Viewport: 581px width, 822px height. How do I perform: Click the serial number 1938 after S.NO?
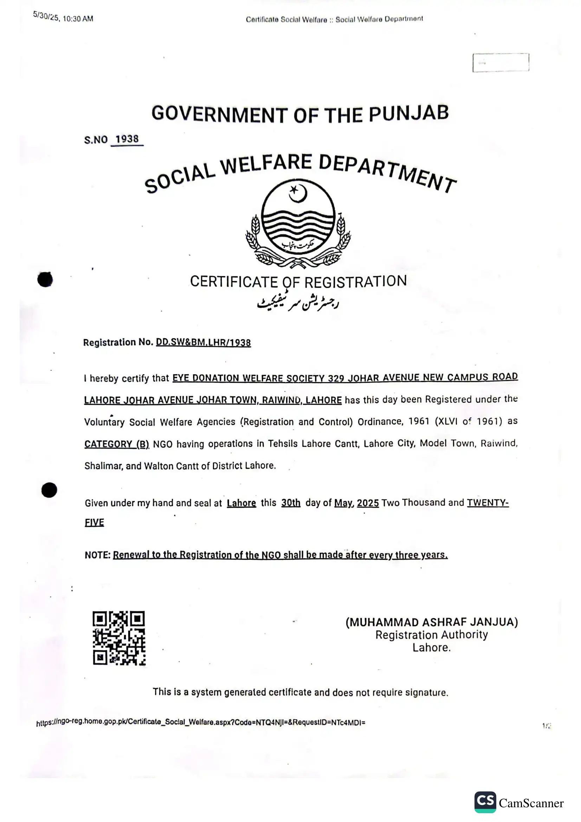click(x=127, y=139)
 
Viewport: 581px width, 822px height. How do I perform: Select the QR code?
click(x=119, y=638)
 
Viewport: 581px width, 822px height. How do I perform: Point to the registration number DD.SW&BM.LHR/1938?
click(x=203, y=343)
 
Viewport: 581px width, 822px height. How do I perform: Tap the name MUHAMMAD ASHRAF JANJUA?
click(x=432, y=622)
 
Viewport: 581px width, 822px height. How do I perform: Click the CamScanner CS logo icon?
click(x=485, y=802)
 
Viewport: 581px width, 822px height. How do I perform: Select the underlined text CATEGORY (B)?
click(x=116, y=444)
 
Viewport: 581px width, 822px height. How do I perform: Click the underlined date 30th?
click(x=291, y=503)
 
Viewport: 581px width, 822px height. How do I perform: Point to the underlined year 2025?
click(x=368, y=503)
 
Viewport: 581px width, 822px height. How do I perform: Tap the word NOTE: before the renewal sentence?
click(x=97, y=555)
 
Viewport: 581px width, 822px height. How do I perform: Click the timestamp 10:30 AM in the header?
click(x=78, y=19)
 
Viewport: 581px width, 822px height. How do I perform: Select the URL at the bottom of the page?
click(x=200, y=722)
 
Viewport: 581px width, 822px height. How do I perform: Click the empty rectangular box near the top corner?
click(x=501, y=63)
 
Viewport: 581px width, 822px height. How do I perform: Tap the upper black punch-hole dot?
click(x=45, y=279)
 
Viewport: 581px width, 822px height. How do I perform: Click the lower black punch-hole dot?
click(x=49, y=490)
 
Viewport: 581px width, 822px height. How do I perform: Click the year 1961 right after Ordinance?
click(x=419, y=421)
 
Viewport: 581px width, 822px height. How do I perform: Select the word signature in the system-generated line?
click(x=426, y=692)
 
